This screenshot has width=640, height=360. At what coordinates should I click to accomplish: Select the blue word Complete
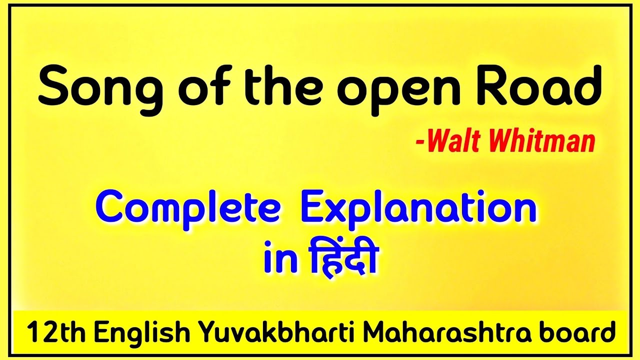[x=187, y=208]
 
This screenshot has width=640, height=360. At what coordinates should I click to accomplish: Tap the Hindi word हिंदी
[x=336, y=257]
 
